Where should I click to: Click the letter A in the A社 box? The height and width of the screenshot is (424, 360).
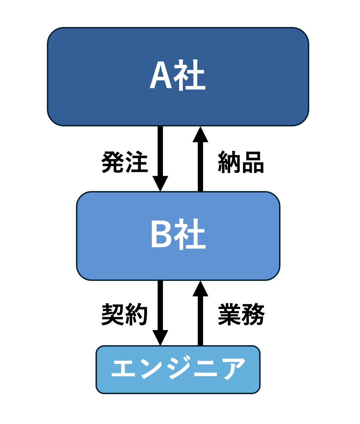click(161, 74)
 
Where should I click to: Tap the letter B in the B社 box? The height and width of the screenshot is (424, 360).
click(162, 234)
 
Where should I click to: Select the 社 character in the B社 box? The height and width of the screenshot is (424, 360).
click(190, 234)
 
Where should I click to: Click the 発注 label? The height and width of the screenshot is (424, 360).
click(125, 162)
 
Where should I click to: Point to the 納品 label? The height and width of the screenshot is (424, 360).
click(241, 162)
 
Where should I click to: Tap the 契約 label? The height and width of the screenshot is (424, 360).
click(125, 314)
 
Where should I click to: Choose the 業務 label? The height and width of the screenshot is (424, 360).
click(241, 314)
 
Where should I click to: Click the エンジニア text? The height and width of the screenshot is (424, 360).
click(178, 368)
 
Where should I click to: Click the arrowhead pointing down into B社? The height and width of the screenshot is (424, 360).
click(160, 184)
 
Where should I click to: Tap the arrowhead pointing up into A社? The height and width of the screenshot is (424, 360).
click(200, 134)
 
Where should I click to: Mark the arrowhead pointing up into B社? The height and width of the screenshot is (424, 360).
click(200, 288)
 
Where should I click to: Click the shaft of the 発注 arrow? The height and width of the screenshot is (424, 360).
click(160, 151)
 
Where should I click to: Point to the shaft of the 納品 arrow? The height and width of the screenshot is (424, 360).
click(200, 167)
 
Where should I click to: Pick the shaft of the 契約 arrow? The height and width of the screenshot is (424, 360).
click(160, 305)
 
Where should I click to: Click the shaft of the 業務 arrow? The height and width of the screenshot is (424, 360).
click(200, 321)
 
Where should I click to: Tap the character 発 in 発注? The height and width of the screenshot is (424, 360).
click(113, 162)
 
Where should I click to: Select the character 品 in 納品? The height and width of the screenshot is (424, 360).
click(253, 163)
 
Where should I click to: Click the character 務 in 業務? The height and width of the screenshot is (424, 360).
click(253, 314)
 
